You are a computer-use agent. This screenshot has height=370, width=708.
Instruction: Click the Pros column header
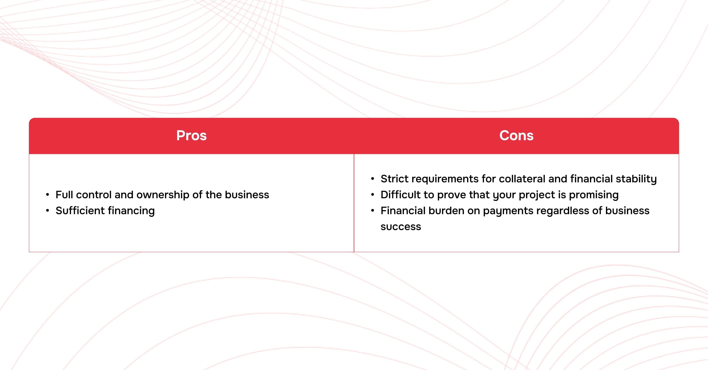191,135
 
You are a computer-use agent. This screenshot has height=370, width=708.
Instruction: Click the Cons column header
516,135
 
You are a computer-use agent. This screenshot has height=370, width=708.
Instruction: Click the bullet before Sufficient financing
48,211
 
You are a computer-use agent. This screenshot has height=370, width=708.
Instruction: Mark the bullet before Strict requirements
373,179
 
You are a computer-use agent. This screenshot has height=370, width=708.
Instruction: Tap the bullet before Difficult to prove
373,195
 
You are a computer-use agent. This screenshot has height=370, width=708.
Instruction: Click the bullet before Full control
48,195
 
